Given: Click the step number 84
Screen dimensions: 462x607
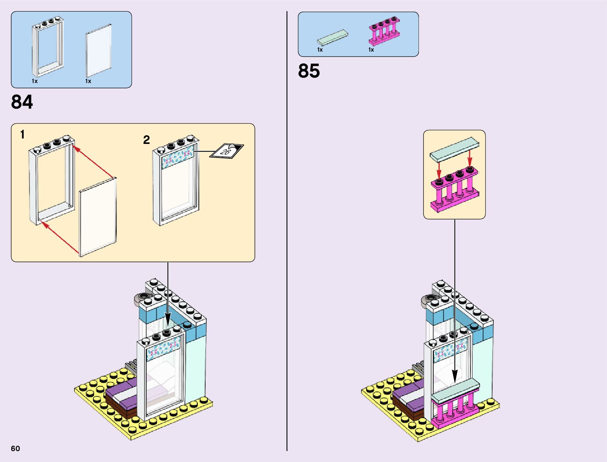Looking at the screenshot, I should tap(22, 102).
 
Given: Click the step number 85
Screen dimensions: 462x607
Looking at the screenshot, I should tap(309, 71).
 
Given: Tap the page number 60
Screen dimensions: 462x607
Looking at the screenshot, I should tap(16, 448).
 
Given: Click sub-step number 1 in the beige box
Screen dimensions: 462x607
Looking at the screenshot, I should tap(22, 135).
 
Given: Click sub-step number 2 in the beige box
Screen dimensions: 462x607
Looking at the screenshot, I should tap(146, 140).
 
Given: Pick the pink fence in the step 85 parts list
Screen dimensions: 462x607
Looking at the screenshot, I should tap(384, 31).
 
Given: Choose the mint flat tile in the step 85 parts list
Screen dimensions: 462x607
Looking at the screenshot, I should tap(332, 37).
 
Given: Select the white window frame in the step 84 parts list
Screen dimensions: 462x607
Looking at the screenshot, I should tap(47, 47).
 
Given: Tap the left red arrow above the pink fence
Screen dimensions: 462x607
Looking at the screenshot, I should tap(439, 170).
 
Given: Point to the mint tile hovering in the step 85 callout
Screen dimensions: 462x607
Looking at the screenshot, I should tap(454, 149).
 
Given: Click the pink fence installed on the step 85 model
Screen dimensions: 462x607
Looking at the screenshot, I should tap(455, 411).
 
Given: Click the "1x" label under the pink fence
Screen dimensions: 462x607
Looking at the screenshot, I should tap(371, 50).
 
